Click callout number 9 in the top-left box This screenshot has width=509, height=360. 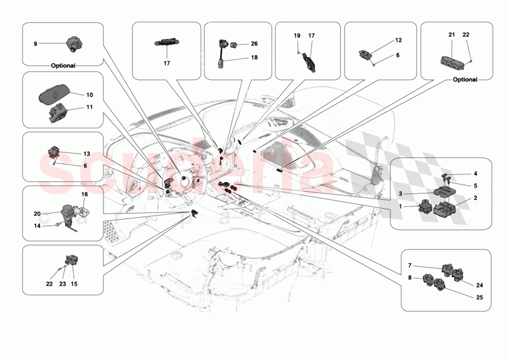pyautogui.click(x=35, y=44)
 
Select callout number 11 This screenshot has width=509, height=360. pyautogui.click(x=89, y=108)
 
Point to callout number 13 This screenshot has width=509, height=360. pyautogui.click(x=86, y=154)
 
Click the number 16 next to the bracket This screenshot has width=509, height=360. pyautogui.click(x=85, y=195)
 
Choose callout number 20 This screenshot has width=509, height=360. pyautogui.click(x=37, y=213)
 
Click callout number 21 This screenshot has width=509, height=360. pyautogui.click(x=451, y=36)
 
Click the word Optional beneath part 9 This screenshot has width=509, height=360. pyautogui.click(x=63, y=65)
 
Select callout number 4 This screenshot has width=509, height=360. pyautogui.click(x=475, y=174)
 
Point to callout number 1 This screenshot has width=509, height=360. pyautogui.click(x=400, y=207)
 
